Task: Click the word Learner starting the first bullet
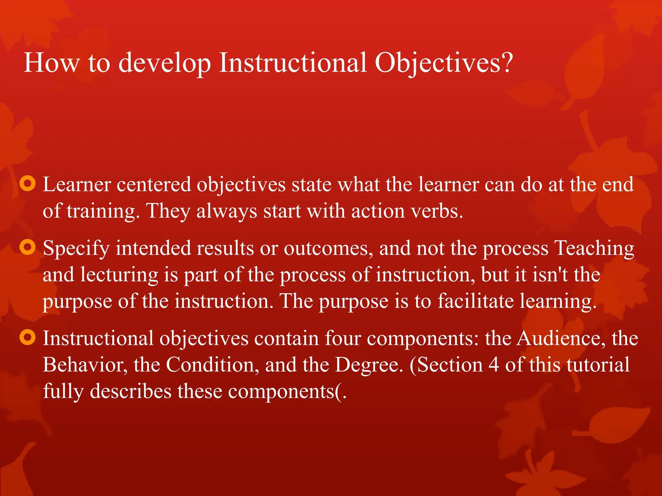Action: pos(77,185)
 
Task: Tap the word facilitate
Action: pos(475,301)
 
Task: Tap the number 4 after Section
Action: pos(494,365)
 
